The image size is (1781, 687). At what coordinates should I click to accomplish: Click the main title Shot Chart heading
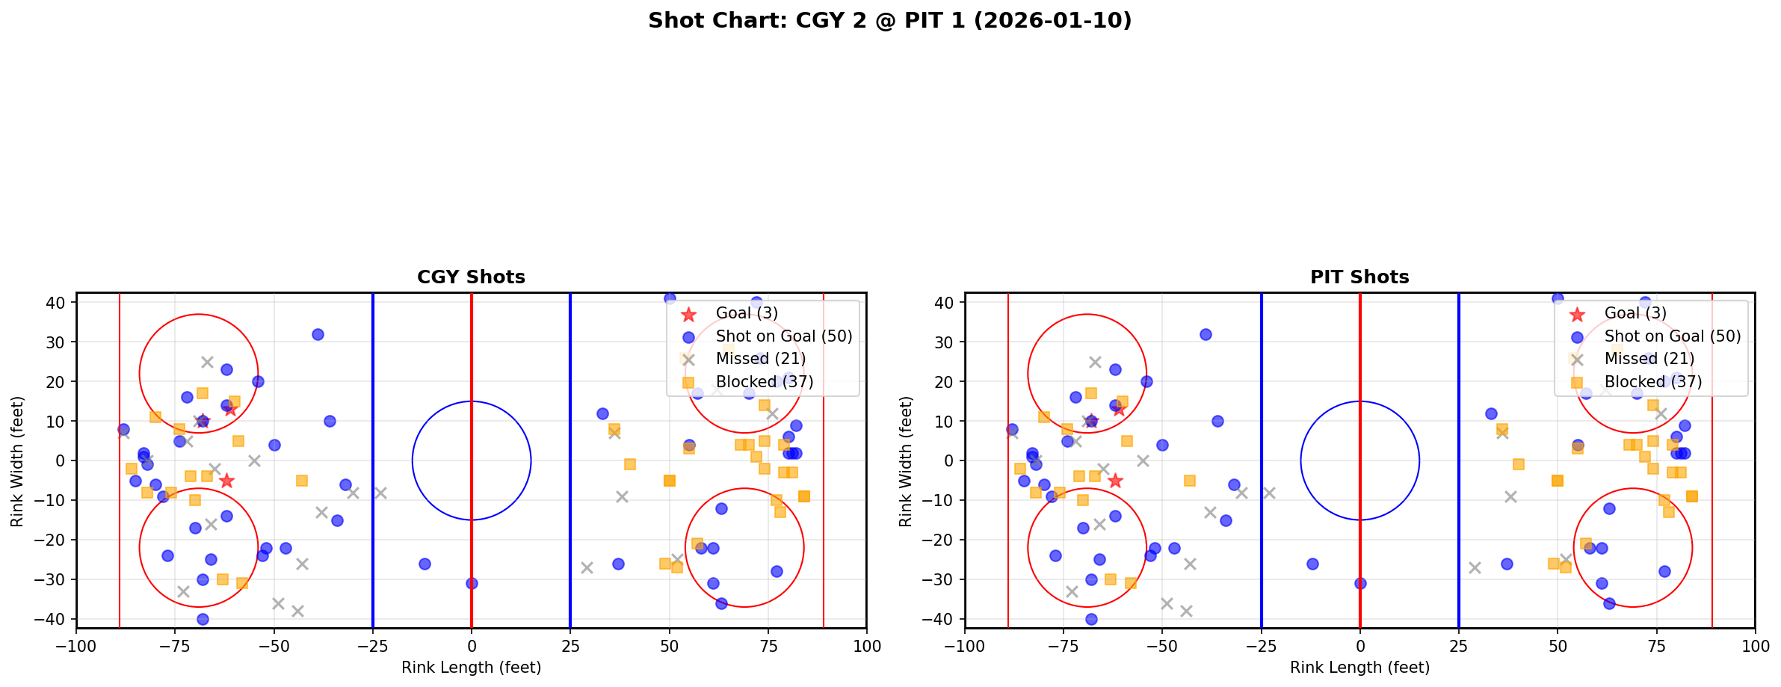(889, 21)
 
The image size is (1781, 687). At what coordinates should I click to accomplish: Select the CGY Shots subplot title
(471, 277)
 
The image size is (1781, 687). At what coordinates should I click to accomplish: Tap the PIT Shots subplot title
(1359, 277)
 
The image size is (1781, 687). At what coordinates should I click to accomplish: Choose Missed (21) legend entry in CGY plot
(760, 359)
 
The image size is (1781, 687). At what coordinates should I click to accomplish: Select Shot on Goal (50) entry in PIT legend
(1673, 336)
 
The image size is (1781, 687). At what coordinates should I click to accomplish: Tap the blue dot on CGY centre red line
(472, 583)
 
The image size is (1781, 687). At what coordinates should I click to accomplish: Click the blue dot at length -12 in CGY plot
(425, 564)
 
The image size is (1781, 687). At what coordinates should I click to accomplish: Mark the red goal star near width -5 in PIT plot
(1115, 481)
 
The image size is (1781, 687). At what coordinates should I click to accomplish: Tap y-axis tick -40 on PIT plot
(943, 619)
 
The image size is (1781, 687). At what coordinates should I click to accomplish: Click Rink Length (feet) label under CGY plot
(471, 668)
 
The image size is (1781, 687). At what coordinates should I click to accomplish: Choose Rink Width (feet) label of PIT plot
(906, 461)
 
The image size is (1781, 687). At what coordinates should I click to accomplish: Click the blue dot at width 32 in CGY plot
(318, 334)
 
